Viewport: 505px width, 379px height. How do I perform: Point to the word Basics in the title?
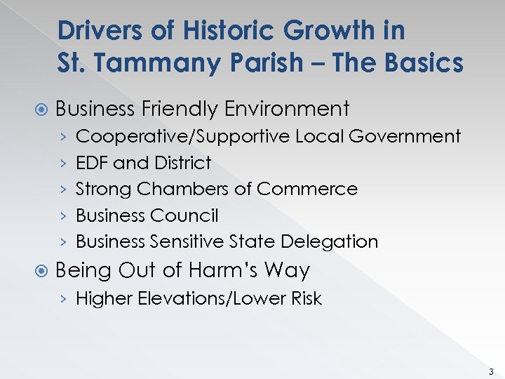pos(422,63)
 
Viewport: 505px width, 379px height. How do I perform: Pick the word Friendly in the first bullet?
pos(179,109)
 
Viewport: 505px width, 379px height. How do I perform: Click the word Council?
pos(188,215)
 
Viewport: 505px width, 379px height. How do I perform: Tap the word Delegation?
pos(329,241)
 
